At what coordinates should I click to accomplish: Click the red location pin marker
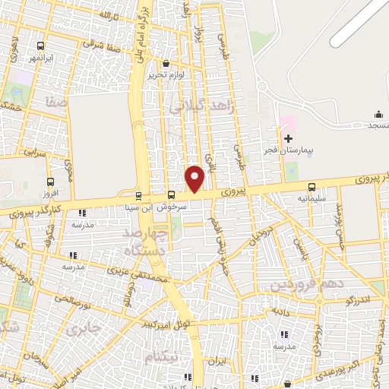pyautogui.click(x=195, y=179)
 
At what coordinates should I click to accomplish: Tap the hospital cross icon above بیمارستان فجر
pyautogui.click(x=288, y=138)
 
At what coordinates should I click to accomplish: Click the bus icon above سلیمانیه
pyautogui.click(x=312, y=188)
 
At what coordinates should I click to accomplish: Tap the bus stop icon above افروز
pyautogui.click(x=50, y=182)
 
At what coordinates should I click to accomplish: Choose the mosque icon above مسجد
pyautogui.click(x=378, y=115)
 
